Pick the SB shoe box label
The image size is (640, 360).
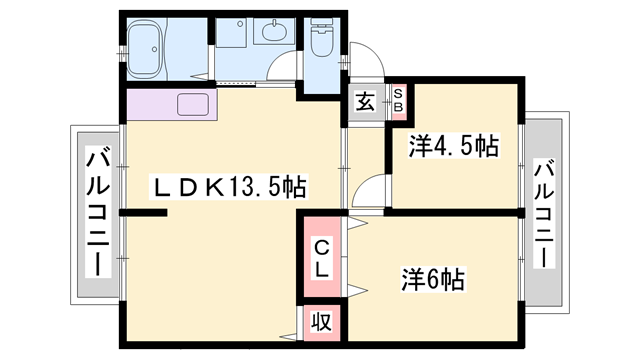pos(397,99)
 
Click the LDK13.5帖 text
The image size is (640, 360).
pos(229,187)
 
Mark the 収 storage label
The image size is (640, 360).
pos(321,321)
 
